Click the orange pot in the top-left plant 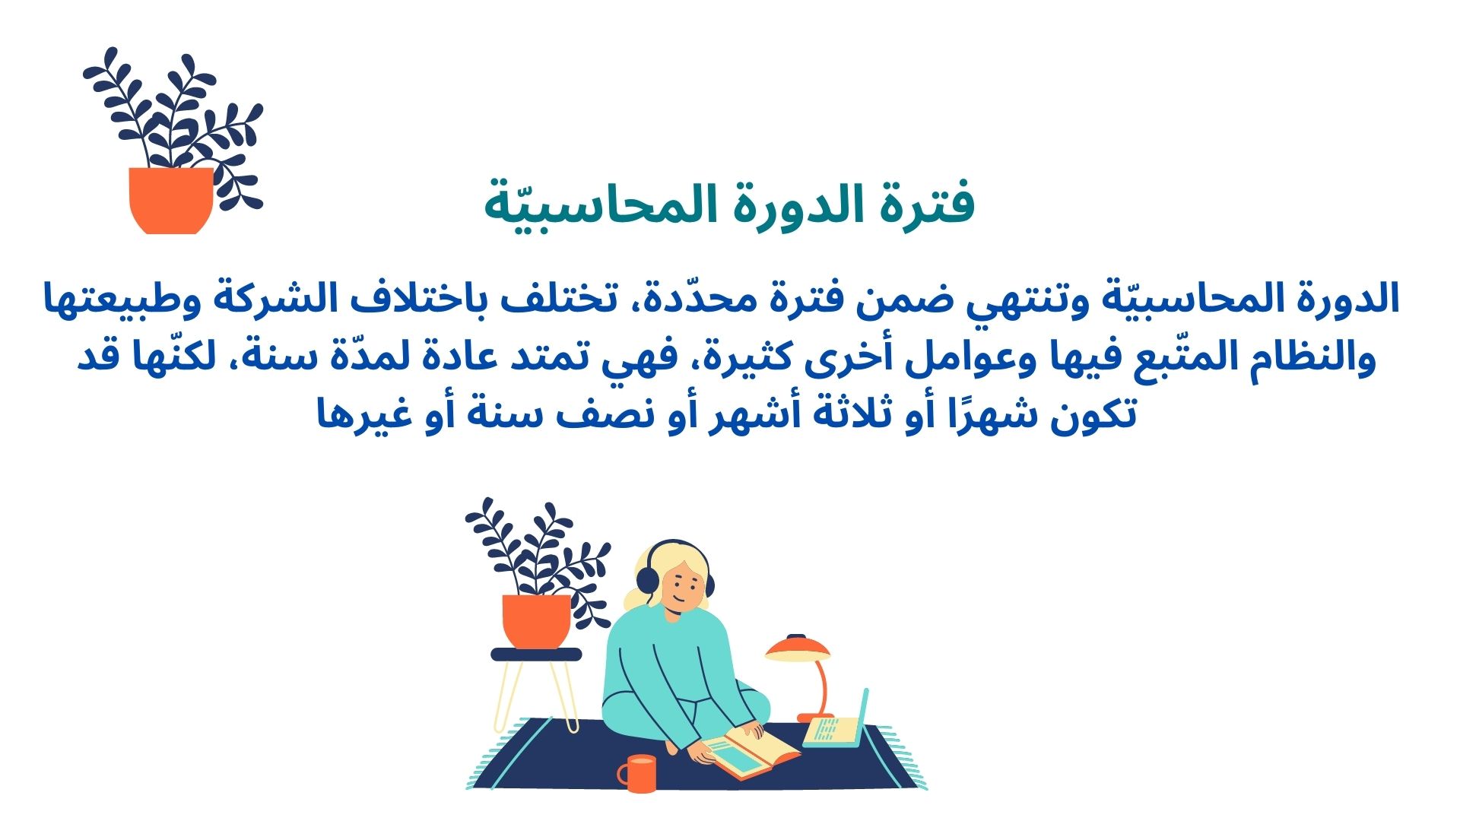171,200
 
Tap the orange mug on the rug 637,774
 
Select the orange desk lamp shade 798,648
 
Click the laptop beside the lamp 836,721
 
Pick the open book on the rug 750,753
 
